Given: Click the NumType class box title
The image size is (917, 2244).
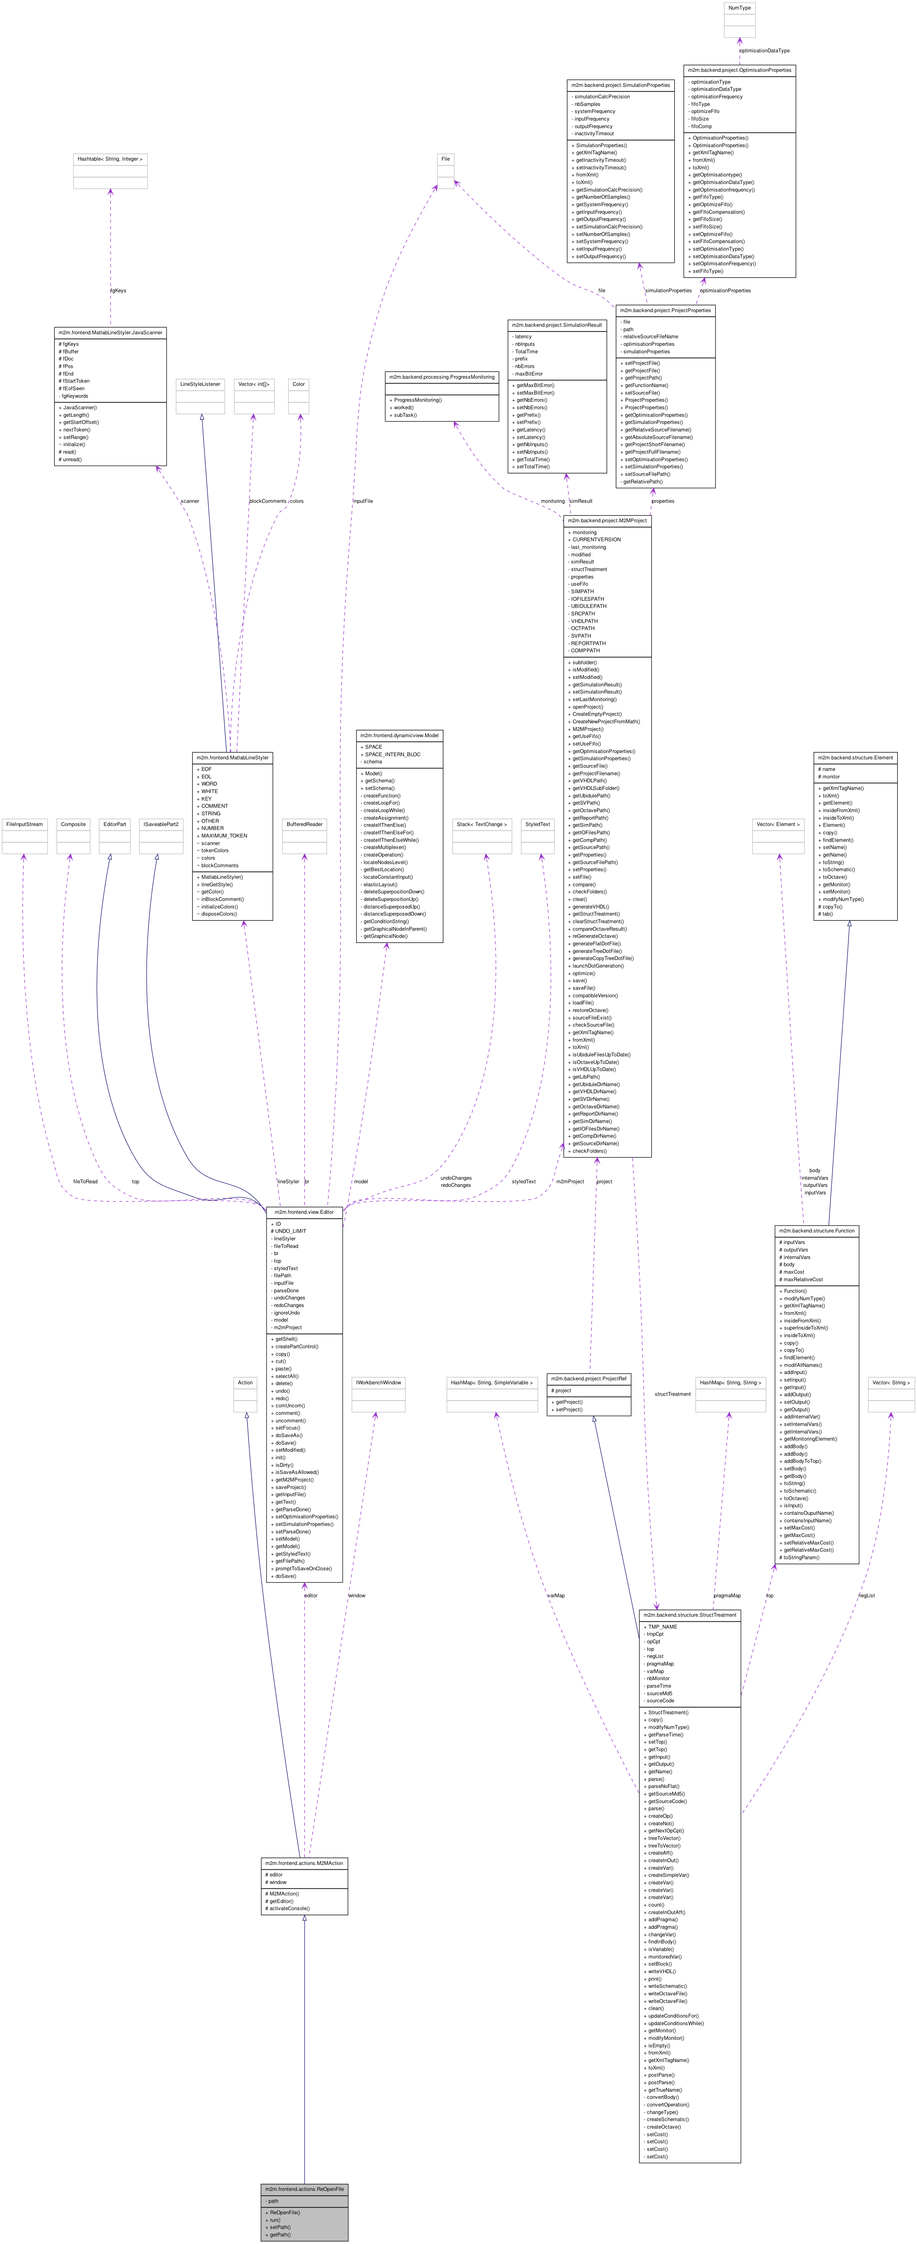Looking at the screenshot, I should (739, 8).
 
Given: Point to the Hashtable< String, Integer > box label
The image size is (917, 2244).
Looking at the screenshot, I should (110, 159).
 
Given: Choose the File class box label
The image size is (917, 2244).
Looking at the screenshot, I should (445, 159).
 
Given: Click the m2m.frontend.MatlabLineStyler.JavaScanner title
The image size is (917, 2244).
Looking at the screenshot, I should (110, 332).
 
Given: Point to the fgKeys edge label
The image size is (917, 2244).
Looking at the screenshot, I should (118, 290).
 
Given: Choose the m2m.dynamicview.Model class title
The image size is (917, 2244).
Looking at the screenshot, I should (399, 735).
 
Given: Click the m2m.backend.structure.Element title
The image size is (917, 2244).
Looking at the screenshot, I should (854, 757).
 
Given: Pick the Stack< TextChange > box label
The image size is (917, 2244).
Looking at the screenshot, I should (482, 824).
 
